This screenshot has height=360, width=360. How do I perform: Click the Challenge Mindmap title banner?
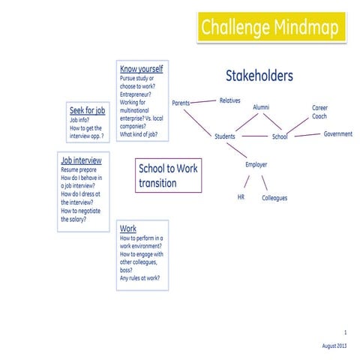(268, 28)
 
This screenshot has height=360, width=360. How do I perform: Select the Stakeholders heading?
(259, 76)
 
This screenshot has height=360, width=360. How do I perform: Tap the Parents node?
(181, 103)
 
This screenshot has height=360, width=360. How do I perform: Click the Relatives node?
(229, 100)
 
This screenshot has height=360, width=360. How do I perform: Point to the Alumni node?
(261, 107)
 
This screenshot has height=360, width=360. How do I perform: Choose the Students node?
(225, 136)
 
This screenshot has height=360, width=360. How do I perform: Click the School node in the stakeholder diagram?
(280, 136)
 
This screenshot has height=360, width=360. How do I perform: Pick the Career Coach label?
(320, 112)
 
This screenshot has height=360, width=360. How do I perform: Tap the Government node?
(337, 133)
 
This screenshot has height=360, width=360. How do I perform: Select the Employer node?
(256, 164)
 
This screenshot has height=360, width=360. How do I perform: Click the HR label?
(241, 197)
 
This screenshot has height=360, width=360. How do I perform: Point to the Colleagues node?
(274, 198)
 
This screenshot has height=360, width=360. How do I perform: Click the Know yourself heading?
(141, 69)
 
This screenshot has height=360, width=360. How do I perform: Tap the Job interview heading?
(81, 160)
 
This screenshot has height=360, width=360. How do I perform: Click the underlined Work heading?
(128, 228)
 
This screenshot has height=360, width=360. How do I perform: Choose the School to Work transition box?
(169, 175)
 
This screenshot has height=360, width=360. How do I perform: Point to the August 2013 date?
(334, 344)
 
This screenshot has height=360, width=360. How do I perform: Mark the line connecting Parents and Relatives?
(204, 100)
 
